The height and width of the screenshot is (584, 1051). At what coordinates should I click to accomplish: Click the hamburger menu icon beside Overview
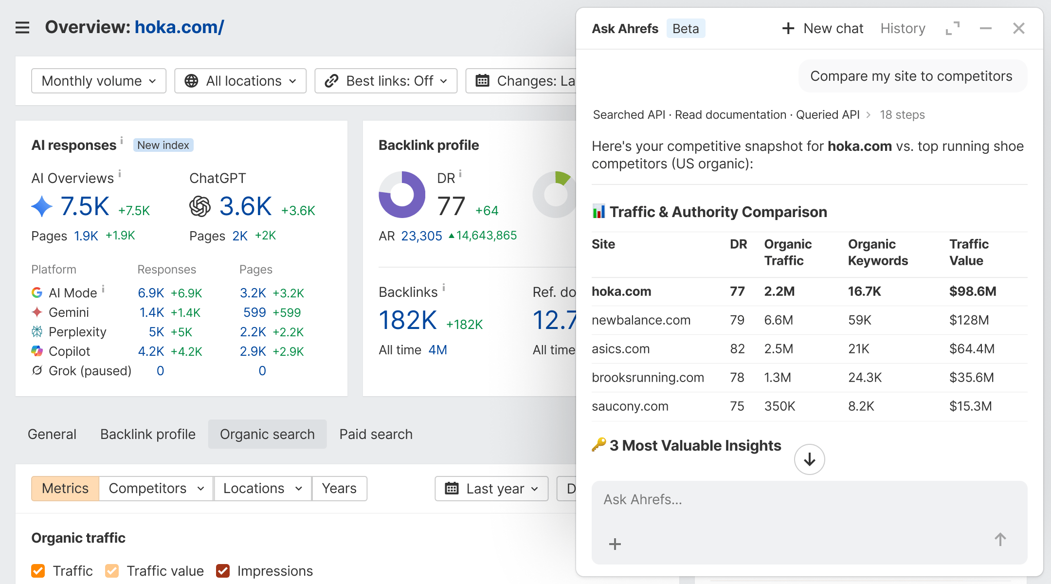[22, 28]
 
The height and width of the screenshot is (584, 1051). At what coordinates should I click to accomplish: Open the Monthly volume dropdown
[99, 81]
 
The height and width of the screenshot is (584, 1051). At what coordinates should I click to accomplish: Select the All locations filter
[240, 81]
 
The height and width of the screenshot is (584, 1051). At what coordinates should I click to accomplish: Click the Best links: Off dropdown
[386, 81]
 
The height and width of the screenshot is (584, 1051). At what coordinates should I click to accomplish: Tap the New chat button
[823, 29]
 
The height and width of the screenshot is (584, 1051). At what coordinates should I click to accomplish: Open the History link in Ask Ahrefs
[903, 29]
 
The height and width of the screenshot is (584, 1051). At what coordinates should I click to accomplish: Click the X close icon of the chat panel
[1018, 29]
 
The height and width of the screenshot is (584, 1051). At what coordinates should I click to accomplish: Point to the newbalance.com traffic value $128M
[969, 320]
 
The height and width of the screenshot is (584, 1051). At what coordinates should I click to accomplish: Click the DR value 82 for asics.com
[737, 349]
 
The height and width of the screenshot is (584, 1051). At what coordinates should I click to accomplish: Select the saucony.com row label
[630, 406]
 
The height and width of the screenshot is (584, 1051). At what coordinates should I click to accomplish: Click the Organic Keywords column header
[878, 253]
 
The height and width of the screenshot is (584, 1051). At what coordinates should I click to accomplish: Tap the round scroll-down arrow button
[809, 459]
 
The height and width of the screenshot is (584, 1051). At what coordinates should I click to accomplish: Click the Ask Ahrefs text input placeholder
[643, 500]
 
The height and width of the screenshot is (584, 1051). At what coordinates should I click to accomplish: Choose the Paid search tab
[376, 434]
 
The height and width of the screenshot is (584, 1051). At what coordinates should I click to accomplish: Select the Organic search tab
[267, 434]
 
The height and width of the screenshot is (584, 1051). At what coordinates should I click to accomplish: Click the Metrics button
[65, 489]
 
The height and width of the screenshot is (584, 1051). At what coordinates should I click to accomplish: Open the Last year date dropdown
[491, 489]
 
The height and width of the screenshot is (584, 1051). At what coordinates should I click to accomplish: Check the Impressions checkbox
[223, 571]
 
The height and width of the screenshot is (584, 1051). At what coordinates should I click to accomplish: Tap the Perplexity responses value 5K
[156, 332]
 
